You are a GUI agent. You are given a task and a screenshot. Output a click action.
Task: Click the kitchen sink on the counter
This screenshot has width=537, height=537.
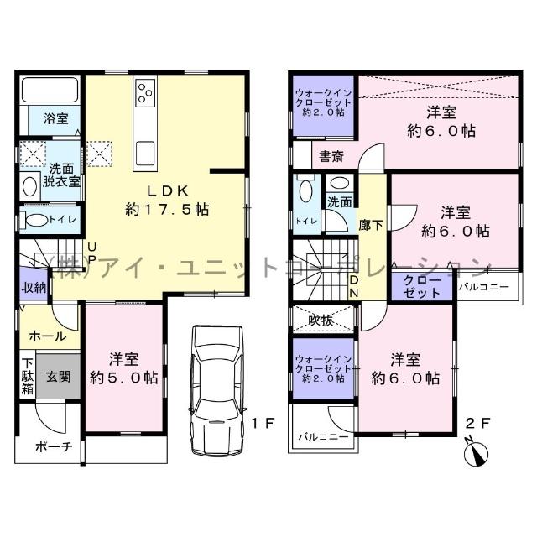click(144, 154)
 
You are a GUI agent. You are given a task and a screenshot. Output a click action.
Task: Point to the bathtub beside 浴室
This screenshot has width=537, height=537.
click(49, 90)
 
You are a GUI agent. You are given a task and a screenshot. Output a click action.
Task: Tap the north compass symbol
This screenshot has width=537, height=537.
click(477, 453)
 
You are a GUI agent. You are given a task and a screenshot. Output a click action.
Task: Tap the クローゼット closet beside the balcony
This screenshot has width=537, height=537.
click(420, 287)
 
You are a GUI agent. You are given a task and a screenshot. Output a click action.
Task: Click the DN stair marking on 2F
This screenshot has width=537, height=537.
click(354, 285)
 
